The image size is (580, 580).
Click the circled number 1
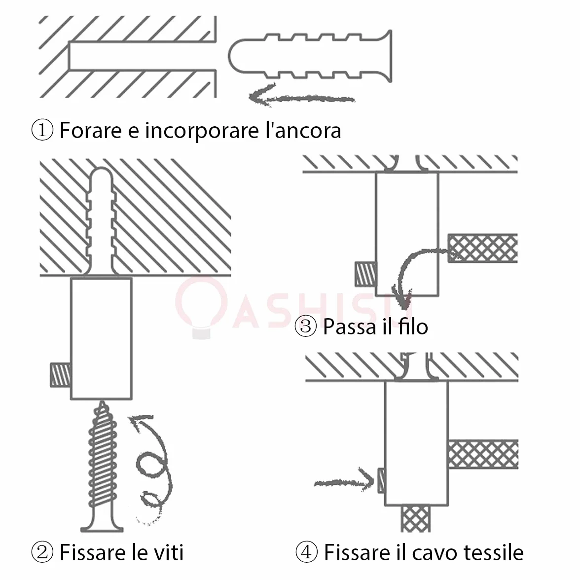pyautogui.click(x=42, y=130)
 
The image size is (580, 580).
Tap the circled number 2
pyautogui.click(x=42, y=552)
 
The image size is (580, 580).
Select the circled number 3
pyautogui.click(x=306, y=326)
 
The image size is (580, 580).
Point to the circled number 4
pyautogui.click(x=307, y=552)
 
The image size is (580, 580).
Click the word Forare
pyautogui.click(x=91, y=130)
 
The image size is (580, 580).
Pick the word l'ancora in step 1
pyautogui.click(x=303, y=130)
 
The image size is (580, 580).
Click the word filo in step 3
pyautogui.click(x=413, y=326)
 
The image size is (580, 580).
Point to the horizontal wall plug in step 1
pyautogui.click(x=310, y=56)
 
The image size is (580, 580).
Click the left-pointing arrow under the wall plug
pyautogui.click(x=301, y=97)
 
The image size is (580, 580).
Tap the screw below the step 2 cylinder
pyautogui.click(x=102, y=467)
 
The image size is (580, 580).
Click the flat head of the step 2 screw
pyautogui.click(x=102, y=528)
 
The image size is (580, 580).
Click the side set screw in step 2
pyautogui.click(x=61, y=375)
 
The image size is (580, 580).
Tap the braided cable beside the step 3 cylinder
pyautogui.click(x=483, y=248)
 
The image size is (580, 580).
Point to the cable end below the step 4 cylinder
pyautogui.click(x=416, y=519)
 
